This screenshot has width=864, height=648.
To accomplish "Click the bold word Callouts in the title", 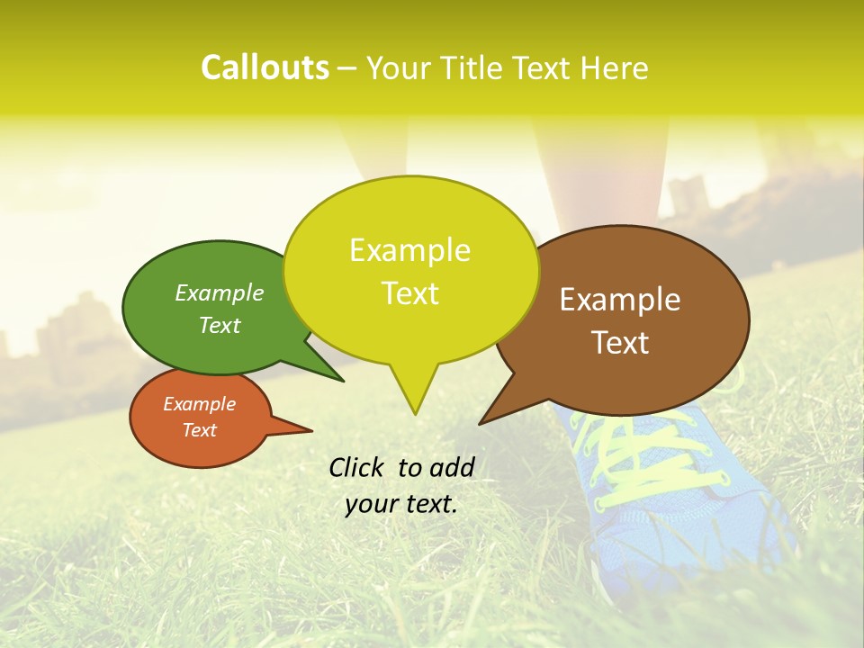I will point(265,67).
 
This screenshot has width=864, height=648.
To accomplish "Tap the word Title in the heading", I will point(476,68).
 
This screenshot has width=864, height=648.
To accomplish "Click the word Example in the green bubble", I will point(220,292).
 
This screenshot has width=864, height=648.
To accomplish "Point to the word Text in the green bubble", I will point(220,325).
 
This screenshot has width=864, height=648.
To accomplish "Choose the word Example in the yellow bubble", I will point(409,250).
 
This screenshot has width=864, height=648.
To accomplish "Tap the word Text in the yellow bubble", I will point(410,293).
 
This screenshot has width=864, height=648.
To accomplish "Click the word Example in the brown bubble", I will point(620,300).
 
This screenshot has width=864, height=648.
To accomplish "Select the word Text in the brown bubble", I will point(621,343).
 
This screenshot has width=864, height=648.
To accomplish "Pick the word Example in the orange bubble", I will point(199,404).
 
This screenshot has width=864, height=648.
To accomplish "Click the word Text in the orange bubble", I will point(199,430).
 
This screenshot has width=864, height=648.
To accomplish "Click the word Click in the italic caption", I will point(358,467).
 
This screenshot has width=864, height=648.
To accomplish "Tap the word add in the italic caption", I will point(451,467).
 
